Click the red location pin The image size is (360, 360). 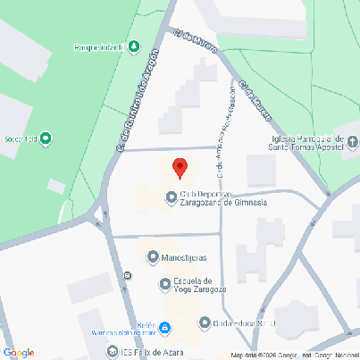click(180, 166)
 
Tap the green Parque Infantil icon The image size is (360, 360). click(134, 46)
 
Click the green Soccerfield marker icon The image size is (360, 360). click(46, 138)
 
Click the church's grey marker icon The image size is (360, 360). click(352, 141)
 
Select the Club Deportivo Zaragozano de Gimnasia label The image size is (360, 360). click(223, 198)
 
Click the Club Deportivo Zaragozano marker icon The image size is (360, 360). click(171, 197)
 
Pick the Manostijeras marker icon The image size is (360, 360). click(152, 257)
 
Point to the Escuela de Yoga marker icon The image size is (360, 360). click(164, 285)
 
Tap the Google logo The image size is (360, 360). click(19, 352)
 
